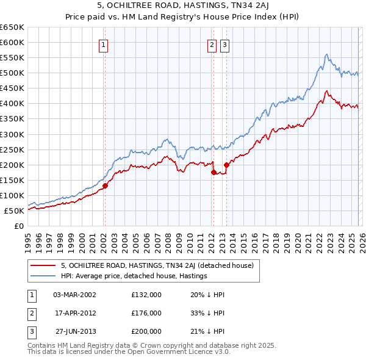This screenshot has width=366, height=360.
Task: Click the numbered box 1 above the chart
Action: pyautogui.click(x=104, y=45)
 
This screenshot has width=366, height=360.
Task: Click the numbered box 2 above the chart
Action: pyautogui.click(x=212, y=45)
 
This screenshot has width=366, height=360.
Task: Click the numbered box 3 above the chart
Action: pyautogui.click(x=225, y=45)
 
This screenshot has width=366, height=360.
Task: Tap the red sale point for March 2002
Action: pyautogui.click(x=105, y=185)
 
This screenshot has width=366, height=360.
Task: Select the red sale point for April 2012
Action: pyautogui.click(x=213, y=172)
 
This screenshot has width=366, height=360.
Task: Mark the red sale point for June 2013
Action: pyautogui.click(x=226, y=165)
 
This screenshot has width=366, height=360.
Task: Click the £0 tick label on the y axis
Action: pyautogui.click(x=18, y=226)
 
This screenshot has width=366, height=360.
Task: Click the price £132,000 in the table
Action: pyautogui.click(x=146, y=295)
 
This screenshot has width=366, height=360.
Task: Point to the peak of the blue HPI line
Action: pyautogui.click(x=327, y=54)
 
